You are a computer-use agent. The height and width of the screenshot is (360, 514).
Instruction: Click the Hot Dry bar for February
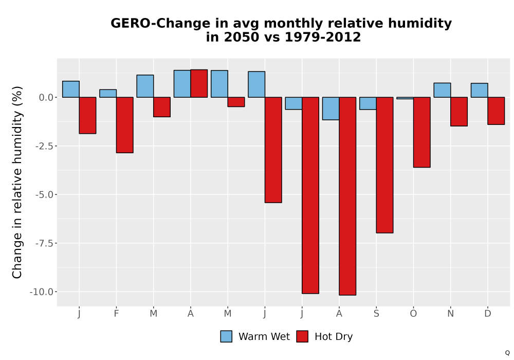[124, 125]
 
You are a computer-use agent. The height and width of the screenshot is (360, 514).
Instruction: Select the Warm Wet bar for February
[108, 94]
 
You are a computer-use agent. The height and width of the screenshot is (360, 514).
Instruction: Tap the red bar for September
[384, 165]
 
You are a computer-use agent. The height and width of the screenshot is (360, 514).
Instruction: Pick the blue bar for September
[368, 103]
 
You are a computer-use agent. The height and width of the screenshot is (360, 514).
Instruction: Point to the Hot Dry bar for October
[422, 132]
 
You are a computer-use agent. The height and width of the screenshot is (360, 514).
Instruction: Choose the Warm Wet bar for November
[442, 90]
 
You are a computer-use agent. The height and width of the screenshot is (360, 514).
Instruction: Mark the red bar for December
[496, 111]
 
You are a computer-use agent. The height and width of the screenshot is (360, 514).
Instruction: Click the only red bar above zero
[199, 84]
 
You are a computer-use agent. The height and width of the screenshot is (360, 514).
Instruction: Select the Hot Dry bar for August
[347, 196]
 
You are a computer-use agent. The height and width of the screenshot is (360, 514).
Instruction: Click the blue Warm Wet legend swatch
[226, 336]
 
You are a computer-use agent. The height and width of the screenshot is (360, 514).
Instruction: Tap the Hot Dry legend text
[334, 337]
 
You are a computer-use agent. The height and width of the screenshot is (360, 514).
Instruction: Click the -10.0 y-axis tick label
[41, 292]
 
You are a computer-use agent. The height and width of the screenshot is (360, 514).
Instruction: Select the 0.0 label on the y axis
[46, 97]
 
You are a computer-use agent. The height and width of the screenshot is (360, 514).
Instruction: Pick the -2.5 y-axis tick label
[44, 146]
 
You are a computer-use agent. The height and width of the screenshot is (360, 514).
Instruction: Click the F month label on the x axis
[116, 314]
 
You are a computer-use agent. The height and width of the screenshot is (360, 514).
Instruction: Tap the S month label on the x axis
[376, 314]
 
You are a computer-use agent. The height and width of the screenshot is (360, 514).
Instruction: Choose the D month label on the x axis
[488, 314]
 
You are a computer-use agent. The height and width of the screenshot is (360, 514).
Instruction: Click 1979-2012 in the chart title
[323, 37]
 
